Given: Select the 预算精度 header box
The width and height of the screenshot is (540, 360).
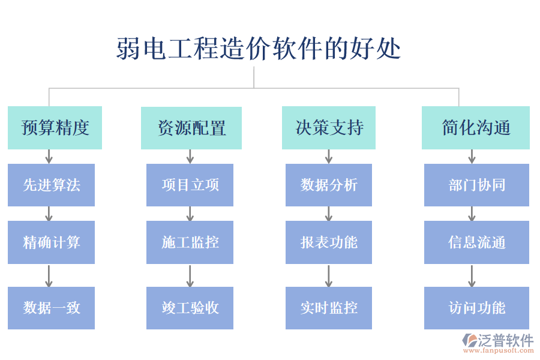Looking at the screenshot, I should click(x=55, y=128).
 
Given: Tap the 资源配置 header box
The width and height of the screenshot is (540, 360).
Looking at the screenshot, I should click(x=191, y=128).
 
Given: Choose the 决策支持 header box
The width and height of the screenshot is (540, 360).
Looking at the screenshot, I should click(x=329, y=128).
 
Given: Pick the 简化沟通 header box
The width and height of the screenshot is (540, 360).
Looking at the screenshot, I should click(x=476, y=128).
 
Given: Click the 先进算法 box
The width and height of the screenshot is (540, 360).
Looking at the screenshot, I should click(x=51, y=185).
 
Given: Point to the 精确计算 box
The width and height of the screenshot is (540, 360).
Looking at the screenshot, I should click(x=51, y=242).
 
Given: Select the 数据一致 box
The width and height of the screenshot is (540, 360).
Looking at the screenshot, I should click(x=51, y=308).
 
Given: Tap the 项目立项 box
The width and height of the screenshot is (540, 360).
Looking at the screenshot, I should click(x=190, y=185).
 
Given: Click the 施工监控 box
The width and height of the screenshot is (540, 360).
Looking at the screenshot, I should click(x=190, y=242).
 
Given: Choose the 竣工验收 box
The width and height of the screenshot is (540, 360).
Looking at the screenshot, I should click(x=190, y=308).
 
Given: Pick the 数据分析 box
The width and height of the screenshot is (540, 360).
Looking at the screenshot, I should click(x=329, y=185).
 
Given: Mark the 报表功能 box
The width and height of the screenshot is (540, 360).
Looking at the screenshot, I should click(x=329, y=242).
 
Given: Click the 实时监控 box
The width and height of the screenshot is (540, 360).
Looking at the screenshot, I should click(x=329, y=308).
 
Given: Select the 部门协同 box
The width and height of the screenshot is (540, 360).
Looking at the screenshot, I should click(x=476, y=185).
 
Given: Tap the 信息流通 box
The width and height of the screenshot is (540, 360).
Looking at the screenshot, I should click(x=476, y=242).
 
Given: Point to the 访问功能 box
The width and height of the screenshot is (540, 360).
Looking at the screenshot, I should click(x=476, y=308).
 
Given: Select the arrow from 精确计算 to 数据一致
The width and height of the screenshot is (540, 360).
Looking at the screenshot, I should click(x=49, y=275).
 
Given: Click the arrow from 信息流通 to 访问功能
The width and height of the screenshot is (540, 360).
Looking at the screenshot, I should click(x=472, y=275).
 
